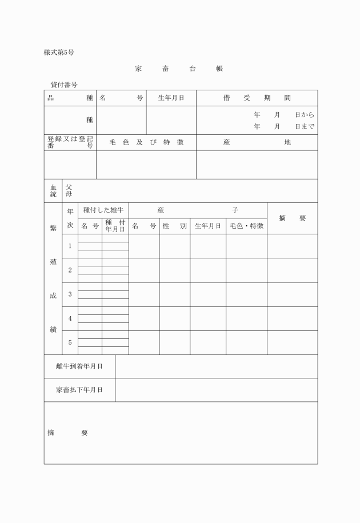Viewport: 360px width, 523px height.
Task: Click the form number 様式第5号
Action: [59, 53]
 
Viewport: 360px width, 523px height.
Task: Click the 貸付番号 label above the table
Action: [64, 85]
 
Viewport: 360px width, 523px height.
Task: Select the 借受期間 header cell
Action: [257, 98]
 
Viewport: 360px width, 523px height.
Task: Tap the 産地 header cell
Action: [257, 142]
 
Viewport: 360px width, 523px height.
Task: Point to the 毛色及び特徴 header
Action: [146, 142]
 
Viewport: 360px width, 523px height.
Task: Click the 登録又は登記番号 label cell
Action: [70, 142]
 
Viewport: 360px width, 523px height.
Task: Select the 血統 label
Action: [53, 191]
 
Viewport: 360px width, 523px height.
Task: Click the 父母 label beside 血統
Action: [69, 191]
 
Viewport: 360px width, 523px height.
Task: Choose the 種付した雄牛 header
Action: [103, 210]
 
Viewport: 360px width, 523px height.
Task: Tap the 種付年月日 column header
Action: [115, 226]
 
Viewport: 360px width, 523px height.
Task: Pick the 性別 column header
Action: [174, 226]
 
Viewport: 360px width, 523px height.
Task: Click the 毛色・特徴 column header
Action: [246, 226]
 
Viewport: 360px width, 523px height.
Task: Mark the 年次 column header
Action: [70, 218]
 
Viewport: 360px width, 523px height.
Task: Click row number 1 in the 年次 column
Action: [70, 246]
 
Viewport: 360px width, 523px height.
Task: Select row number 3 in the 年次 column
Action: [70, 294]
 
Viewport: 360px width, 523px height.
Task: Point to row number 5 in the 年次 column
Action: [70, 342]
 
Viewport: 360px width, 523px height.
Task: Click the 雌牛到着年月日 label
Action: [79, 366]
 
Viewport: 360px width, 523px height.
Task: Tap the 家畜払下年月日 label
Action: [79, 390]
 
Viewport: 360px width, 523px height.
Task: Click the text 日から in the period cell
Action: [305, 115]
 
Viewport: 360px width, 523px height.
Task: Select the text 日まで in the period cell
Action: [305, 127]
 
